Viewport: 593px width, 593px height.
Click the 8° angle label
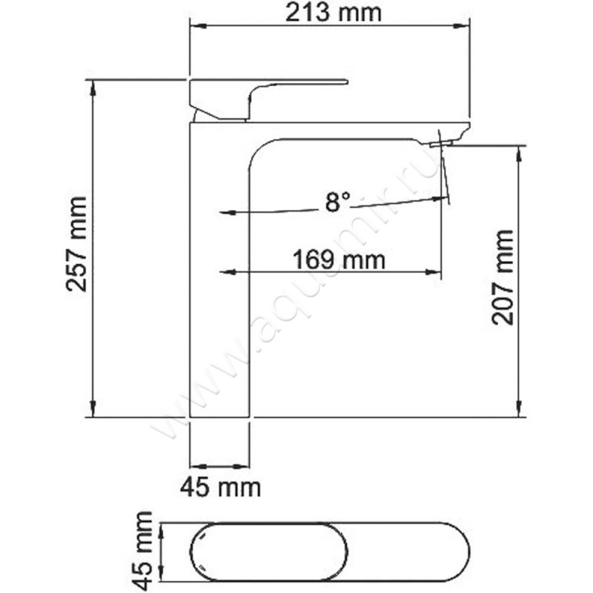click(337, 202)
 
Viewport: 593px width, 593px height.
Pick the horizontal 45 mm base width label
click(220, 487)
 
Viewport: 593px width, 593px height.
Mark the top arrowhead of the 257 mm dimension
click(93, 87)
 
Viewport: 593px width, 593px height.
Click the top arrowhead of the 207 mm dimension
click(520, 153)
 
